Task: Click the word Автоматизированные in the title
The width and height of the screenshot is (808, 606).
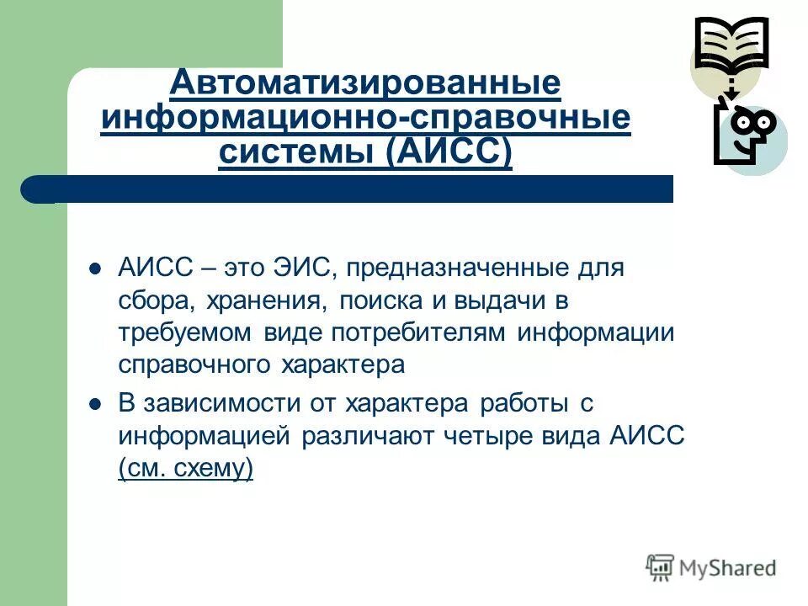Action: pos(364,82)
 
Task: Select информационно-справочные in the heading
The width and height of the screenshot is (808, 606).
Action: pos(364,118)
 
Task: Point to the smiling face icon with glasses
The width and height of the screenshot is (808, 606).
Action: pos(745,134)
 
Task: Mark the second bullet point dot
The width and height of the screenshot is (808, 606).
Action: pos(94,404)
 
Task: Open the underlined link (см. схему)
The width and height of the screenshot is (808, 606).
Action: pos(186,468)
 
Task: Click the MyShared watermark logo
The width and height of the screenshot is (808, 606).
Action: pos(712,568)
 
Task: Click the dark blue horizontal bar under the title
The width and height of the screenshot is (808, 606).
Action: pos(353,189)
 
